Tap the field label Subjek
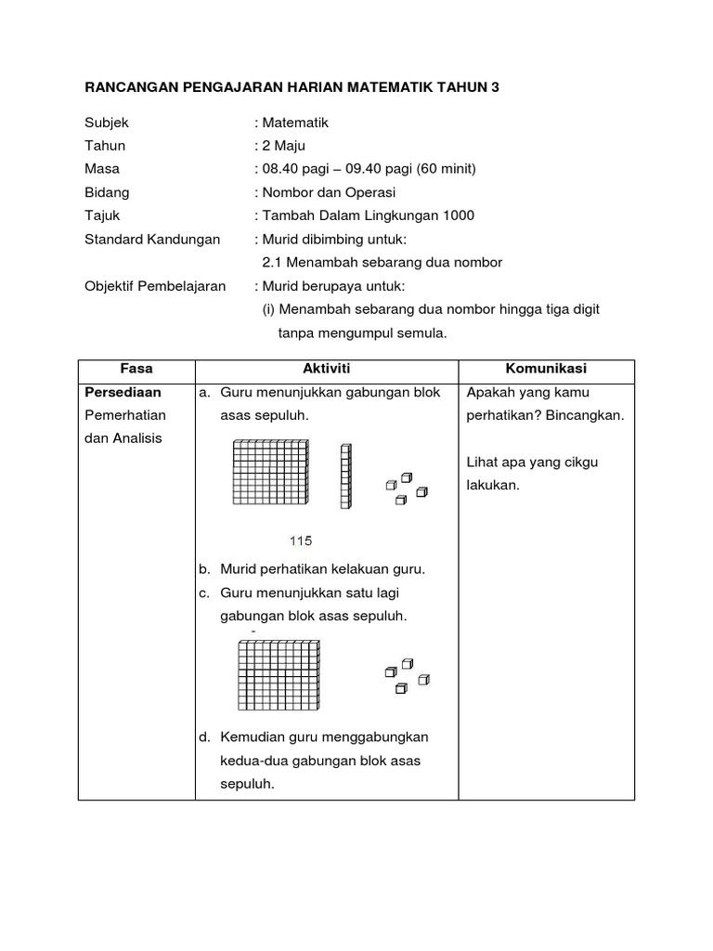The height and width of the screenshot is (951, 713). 107,123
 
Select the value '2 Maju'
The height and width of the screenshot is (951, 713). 285,146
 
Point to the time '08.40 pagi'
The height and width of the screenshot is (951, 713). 294,169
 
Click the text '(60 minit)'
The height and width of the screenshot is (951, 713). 447,169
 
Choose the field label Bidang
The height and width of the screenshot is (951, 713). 107,192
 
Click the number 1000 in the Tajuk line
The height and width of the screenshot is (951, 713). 456,215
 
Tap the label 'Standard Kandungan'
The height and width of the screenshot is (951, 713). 152,239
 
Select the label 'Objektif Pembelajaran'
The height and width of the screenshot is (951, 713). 155,286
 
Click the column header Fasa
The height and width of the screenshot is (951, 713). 136,369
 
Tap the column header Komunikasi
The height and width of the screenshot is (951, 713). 547,369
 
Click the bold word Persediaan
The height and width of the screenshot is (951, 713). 123,393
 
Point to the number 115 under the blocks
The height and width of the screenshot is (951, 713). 301,541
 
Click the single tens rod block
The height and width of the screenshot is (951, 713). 346,476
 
